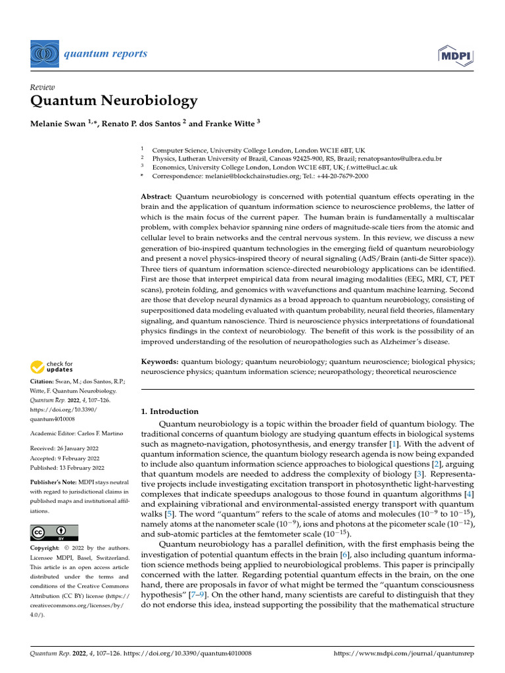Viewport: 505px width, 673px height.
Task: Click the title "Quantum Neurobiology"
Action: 114,101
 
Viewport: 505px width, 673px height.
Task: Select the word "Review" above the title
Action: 43,87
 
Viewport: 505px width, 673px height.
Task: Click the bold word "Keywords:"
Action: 160,361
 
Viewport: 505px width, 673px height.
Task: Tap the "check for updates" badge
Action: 52,367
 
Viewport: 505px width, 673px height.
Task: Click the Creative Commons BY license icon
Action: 54,532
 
